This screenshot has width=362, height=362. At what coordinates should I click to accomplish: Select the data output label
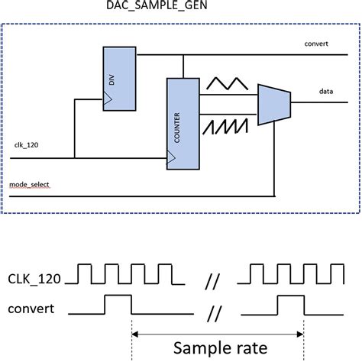coord(328,91)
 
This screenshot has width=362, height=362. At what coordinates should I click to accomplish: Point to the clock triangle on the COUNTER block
coord(171,158)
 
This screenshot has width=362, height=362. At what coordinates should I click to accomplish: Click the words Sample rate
coord(220,348)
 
